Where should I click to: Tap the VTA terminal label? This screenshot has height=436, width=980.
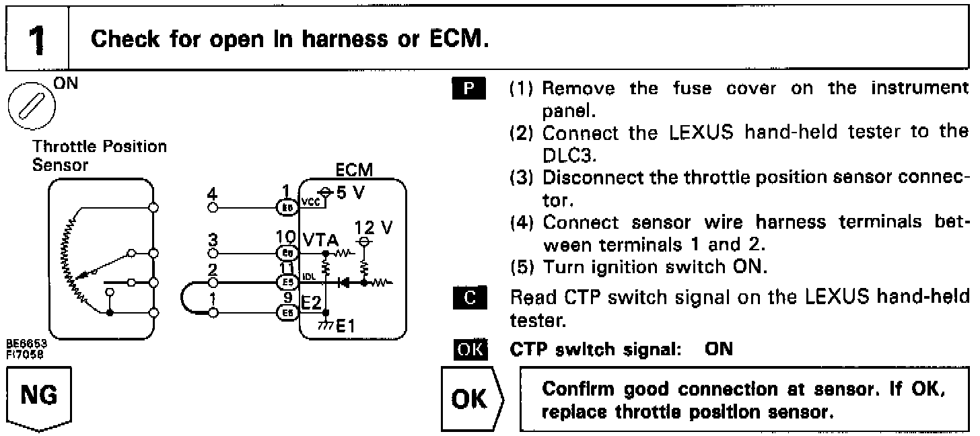319,240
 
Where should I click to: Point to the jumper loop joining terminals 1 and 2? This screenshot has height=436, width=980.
188,299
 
